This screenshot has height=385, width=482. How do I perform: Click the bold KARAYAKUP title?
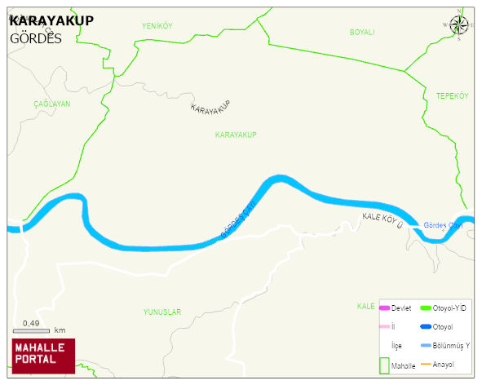pos(52,20)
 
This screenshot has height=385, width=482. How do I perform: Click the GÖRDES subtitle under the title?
pos(36,38)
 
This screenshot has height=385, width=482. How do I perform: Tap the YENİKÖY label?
pos(157,26)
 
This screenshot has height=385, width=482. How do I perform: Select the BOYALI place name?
pos(361,32)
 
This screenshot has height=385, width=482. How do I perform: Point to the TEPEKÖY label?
pos(452,96)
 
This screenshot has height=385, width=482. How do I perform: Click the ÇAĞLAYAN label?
pos(51,104)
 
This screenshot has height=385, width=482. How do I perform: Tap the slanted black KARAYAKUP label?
pos(210,106)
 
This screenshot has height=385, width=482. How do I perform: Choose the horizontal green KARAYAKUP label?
pos(236,135)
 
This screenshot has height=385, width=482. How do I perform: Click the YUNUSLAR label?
pos(161,312)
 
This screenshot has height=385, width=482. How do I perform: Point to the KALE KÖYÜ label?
pos(383,219)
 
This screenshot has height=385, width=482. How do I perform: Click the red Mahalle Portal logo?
pos(43,356)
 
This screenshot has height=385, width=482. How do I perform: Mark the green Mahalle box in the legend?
pos(384,365)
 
